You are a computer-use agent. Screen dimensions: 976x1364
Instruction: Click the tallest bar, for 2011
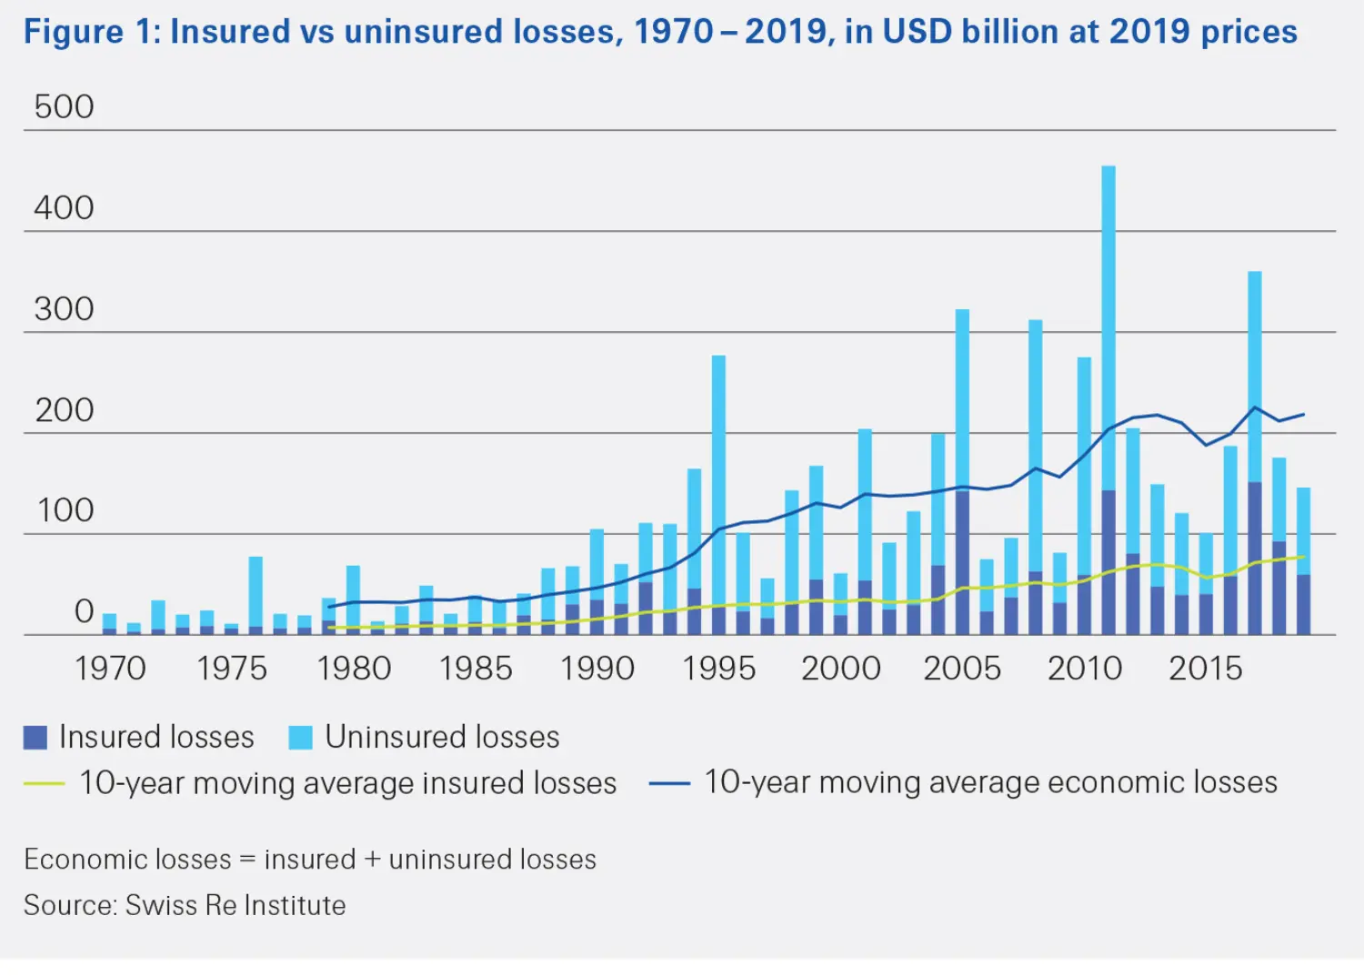[x=1108, y=327]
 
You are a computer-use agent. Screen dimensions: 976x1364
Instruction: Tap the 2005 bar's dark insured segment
[x=962, y=564]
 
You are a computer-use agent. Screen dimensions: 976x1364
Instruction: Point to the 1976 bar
[x=256, y=591]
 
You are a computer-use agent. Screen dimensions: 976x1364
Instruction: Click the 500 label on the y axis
[x=64, y=107]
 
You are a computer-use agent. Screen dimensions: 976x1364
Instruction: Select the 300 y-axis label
[x=64, y=309]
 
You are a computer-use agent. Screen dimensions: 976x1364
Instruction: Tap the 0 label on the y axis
[x=84, y=611]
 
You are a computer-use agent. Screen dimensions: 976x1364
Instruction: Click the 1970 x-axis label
[x=110, y=669]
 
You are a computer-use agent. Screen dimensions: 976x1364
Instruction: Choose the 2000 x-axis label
[x=840, y=669]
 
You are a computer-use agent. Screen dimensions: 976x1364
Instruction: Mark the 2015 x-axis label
[x=1205, y=669]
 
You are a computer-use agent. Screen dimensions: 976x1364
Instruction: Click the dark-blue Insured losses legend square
[x=35, y=737]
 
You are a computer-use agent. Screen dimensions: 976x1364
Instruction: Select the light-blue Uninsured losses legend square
[x=300, y=737]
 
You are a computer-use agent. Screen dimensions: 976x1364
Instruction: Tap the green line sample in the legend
[x=44, y=783]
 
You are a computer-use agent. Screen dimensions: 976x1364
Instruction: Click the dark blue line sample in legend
[x=669, y=783]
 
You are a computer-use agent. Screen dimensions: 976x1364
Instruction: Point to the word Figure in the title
[x=73, y=32]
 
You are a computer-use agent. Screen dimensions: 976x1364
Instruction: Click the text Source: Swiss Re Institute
[x=185, y=905]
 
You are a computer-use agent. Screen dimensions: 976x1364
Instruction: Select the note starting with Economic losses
[x=309, y=859]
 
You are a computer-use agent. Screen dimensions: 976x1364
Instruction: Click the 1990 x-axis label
[x=597, y=669]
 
